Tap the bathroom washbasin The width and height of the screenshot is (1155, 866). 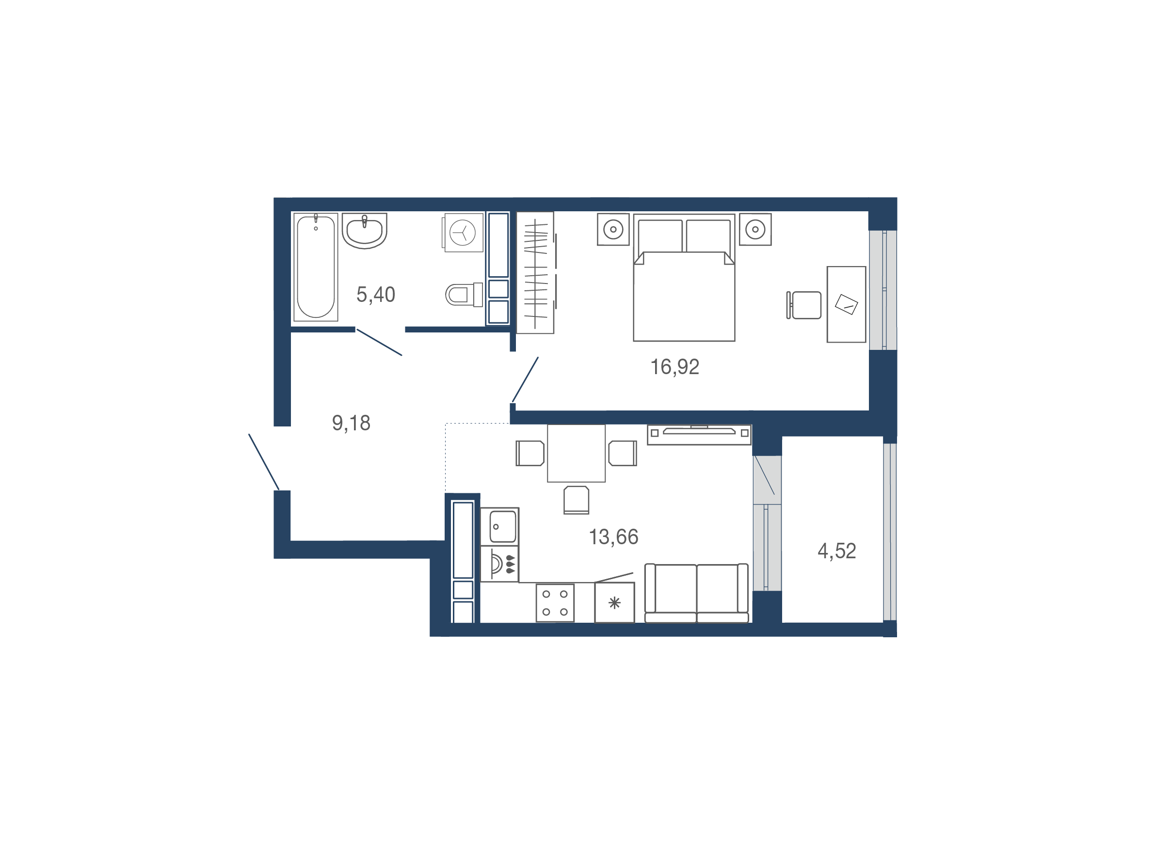click(x=365, y=230)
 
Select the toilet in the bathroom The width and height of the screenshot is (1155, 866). click(x=464, y=295)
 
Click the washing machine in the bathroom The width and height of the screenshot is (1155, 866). click(x=463, y=232)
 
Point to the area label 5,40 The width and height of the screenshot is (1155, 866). click(x=375, y=295)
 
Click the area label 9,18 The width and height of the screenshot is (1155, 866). click(x=351, y=424)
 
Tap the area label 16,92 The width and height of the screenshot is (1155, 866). click(x=674, y=367)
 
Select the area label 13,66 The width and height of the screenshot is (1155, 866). click(x=613, y=537)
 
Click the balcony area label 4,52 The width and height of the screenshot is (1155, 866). click(x=836, y=551)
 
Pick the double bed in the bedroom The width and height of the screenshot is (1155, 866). click(x=684, y=278)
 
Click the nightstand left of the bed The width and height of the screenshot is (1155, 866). click(x=613, y=229)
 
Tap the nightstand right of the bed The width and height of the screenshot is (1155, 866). click(x=755, y=229)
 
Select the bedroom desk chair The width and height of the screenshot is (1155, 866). click(x=804, y=305)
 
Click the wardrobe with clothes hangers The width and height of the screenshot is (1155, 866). click(x=535, y=272)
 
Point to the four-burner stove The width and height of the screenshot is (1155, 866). click(x=555, y=603)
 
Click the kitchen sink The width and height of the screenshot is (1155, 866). click(x=500, y=527)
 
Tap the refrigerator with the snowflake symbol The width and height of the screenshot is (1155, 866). click(x=614, y=603)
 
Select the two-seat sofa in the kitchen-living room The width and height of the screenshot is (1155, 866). click(x=697, y=594)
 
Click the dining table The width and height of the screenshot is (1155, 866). click(x=576, y=453)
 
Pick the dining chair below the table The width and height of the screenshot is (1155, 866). click(x=577, y=500)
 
